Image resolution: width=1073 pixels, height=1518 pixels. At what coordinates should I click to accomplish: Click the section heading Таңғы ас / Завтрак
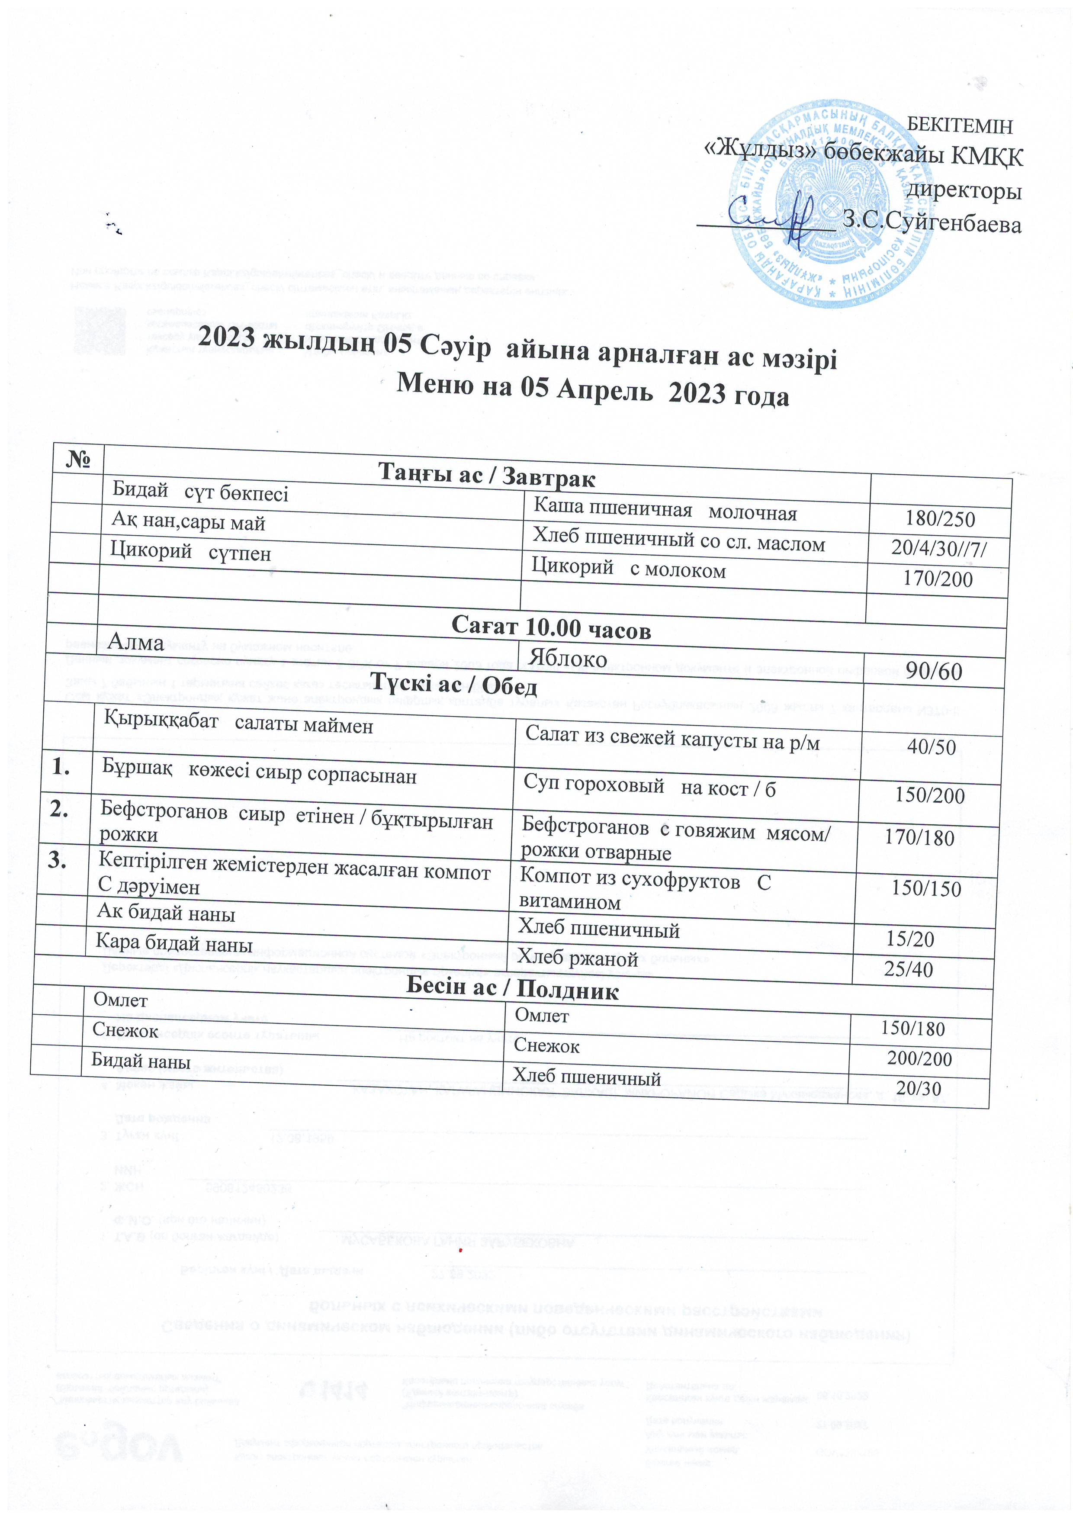tap(487, 477)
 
